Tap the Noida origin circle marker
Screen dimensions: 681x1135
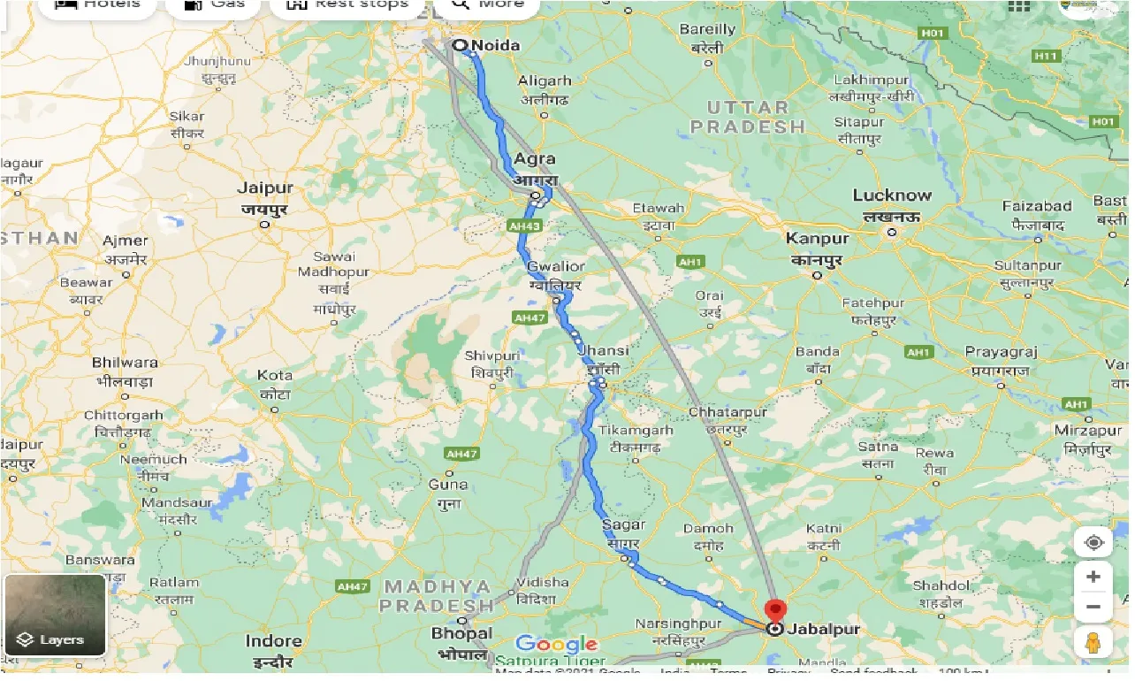460,45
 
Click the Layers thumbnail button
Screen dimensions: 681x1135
55,616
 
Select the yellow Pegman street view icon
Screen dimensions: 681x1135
1093,643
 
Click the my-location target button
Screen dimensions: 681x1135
1093,542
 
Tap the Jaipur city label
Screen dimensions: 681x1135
265,187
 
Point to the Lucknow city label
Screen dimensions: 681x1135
892,195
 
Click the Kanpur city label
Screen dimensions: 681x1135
818,238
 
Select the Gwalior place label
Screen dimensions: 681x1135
556,266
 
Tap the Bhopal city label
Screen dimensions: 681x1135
461,633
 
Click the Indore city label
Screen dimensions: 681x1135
273,640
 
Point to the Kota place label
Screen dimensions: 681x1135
275,375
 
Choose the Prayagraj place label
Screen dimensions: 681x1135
1000,352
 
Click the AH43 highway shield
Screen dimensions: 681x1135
525,226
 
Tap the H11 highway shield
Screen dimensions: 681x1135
1046,56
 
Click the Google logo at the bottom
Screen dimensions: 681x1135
557,645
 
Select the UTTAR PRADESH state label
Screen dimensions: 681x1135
748,117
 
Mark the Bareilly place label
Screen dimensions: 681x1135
707,29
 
